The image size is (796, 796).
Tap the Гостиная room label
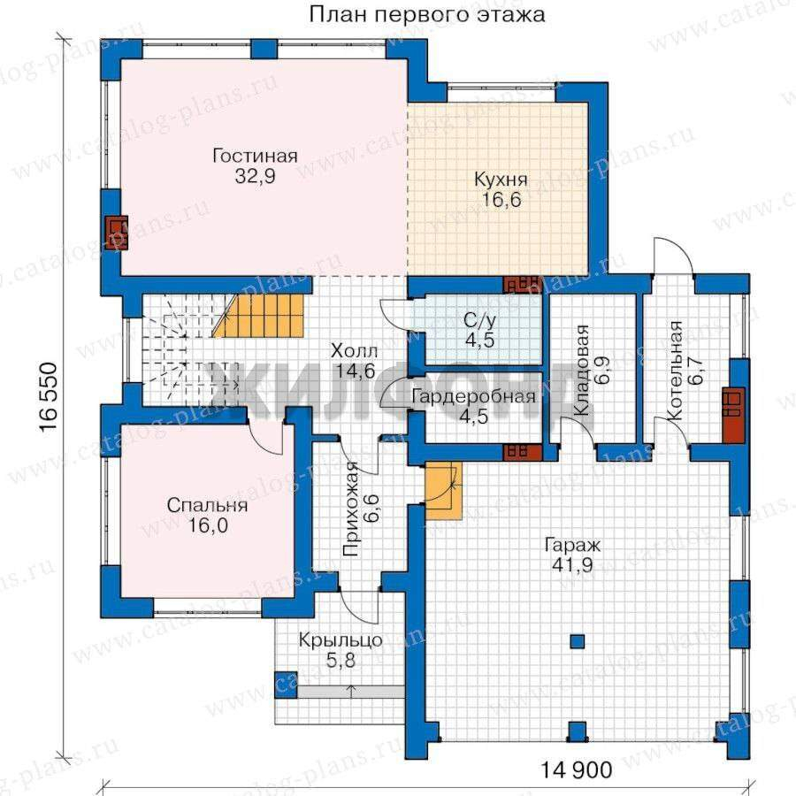[x=255, y=156]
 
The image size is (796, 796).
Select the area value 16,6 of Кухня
[x=501, y=200]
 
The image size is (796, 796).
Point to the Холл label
[x=354, y=351]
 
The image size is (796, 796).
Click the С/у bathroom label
[x=479, y=320]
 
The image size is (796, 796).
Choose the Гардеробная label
[x=473, y=396]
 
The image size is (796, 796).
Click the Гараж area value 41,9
[x=572, y=564]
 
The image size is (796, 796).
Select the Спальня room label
[x=207, y=506]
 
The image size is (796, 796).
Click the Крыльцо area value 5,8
[x=341, y=661]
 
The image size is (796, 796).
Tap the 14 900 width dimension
[x=576, y=770]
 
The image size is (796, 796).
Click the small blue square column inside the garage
[x=577, y=642]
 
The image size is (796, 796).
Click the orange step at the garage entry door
[x=444, y=490]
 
